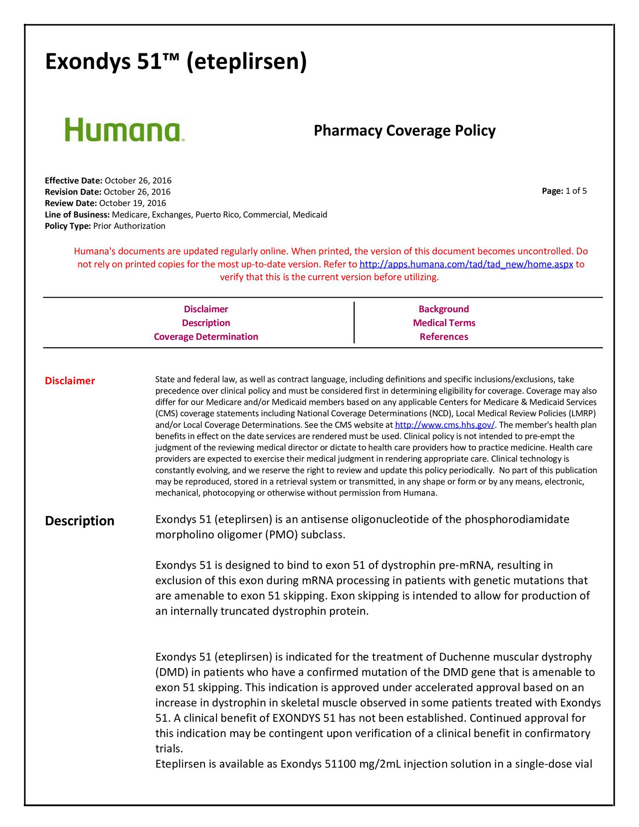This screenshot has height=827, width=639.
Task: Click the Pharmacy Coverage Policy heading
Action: [x=404, y=130]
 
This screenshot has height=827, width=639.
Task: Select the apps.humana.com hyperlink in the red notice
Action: [x=466, y=265]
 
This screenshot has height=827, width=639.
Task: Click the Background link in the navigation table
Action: [x=443, y=309]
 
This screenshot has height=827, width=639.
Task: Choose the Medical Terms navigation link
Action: [x=444, y=323]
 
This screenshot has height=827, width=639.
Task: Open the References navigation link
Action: [x=443, y=337]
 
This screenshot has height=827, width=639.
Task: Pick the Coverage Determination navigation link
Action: [x=206, y=337]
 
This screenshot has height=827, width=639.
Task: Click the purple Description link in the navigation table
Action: [x=206, y=323]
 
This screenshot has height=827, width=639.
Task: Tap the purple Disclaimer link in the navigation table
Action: [x=206, y=309]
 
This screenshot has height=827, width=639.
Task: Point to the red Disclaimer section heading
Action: [x=70, y=381]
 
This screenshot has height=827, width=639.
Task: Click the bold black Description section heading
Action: [x=80, y=521]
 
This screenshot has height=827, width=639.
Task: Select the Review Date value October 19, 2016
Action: [x=132, y=203]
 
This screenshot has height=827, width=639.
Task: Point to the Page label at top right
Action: [x=553, y=191]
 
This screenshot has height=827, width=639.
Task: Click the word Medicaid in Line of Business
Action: [x=312, y=215]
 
